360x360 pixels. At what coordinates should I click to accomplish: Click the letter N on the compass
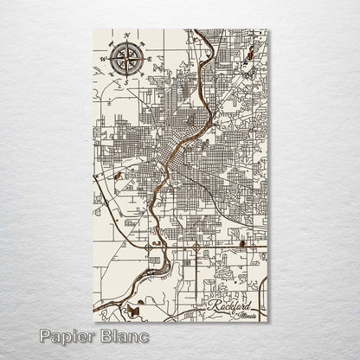(127, 36)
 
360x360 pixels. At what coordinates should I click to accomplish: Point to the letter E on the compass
(150, 58)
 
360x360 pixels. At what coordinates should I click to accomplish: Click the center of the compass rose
(127, 58)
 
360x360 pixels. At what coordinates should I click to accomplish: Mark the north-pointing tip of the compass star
(127, 43)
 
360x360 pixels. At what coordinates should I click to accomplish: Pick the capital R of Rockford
(213, 305)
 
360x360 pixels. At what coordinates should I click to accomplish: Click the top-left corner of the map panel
(93, 30)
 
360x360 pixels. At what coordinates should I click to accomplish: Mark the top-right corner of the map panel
(268, 30)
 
